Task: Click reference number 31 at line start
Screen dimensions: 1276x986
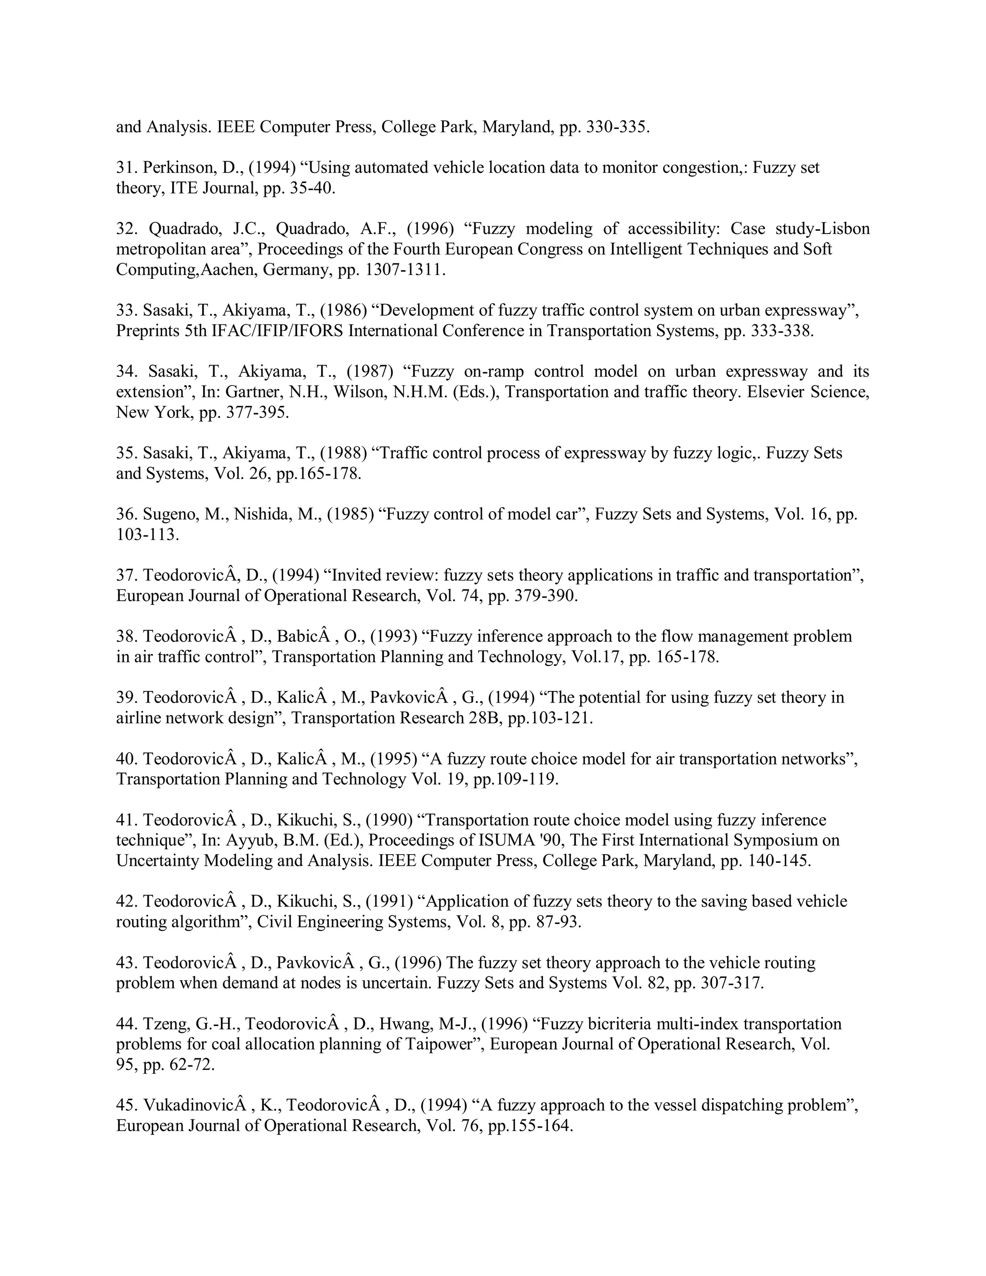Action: click(125, 168)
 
